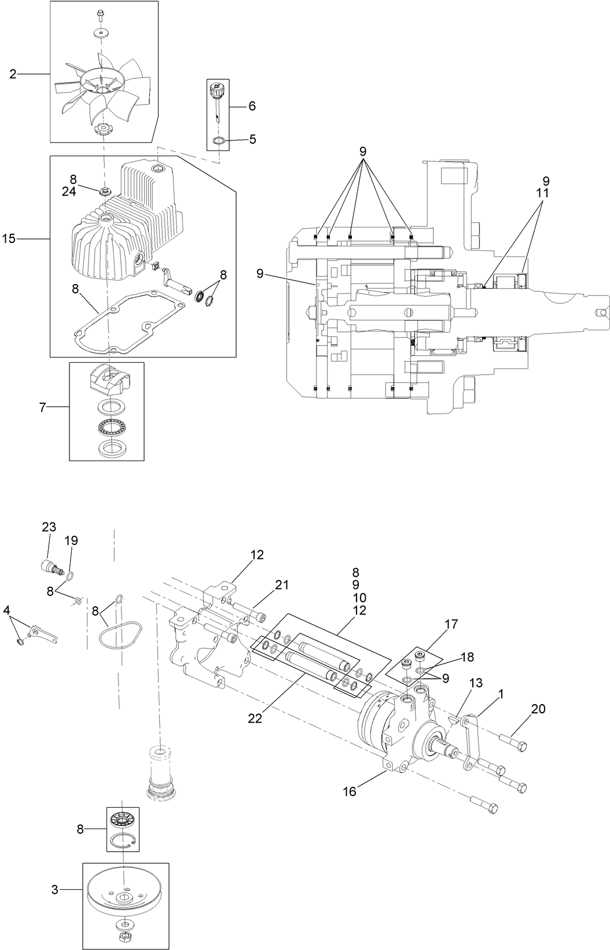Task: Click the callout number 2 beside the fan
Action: coord(13,73)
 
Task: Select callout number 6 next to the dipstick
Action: coord(252,106)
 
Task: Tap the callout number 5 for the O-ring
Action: coord(252,139)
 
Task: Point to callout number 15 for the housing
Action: coord(9,238)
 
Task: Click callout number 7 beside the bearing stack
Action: coord(42,407)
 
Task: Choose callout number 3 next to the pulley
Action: coord(55,890)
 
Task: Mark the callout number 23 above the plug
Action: coord(49,527)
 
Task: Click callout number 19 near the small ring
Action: coord(71,540)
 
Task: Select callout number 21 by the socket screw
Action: coord(282,585)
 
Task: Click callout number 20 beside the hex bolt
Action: coord(538,709)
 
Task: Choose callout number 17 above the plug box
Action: coord(451,624)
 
